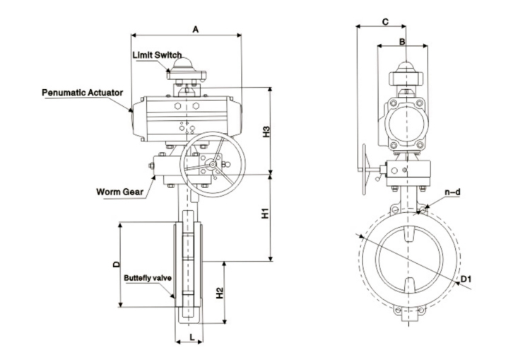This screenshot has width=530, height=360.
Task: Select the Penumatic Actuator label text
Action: [83, 92]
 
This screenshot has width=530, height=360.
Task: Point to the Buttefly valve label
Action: [148, 278]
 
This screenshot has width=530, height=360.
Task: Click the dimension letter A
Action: [196, 28]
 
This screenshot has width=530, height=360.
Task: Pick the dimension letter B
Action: [402, 42]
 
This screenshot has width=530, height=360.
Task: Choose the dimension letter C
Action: [384, 21]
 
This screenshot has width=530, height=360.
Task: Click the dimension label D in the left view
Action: [115, 265]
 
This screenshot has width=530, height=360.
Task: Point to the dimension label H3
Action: [266, 132]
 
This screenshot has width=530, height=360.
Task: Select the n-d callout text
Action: [453, 192]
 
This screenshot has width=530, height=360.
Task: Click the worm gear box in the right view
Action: [410, 170]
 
